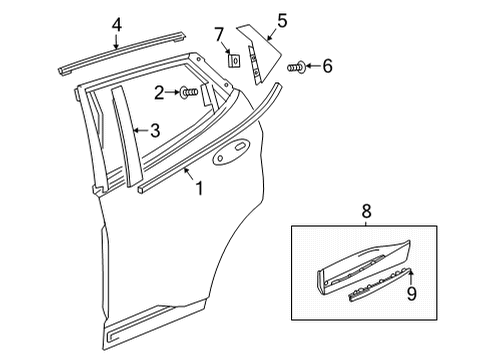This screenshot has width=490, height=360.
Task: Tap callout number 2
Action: tap(159, 94)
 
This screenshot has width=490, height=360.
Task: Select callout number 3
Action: tap(154, 130)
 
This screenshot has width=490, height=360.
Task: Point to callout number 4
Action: tap(116, 24)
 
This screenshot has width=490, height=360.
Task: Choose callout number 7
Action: tap(219, 36)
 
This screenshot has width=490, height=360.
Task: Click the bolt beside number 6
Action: tap(295, 68)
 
